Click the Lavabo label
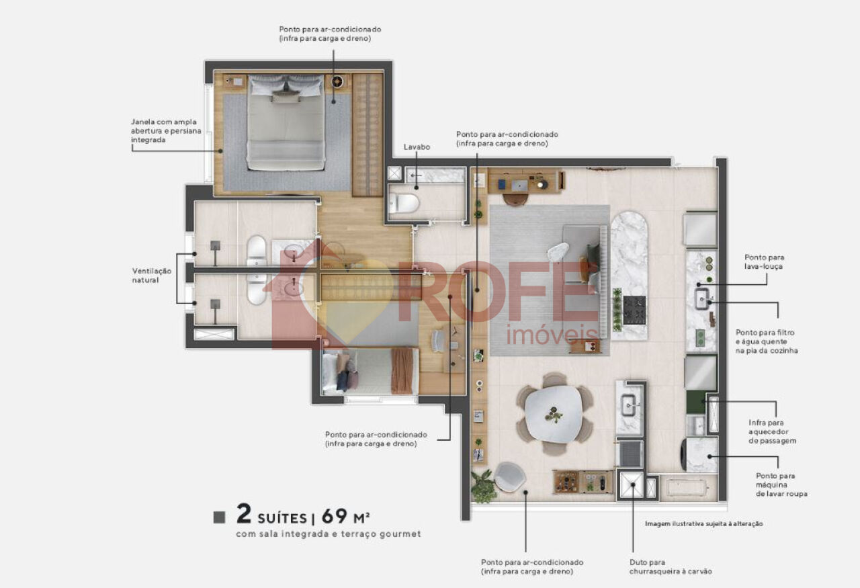pos(417,146)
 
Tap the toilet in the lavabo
pos(404,203)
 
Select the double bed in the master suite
pos(286,122)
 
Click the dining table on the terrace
pos(553,414)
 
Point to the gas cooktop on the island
pos(634,310)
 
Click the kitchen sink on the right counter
pos(702,299)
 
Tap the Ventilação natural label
pos(152,276)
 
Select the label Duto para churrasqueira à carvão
pos(671,567)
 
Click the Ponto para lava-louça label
pos(764,261)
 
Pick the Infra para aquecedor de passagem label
pos(772,431)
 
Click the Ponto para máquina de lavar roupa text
pos(781,485)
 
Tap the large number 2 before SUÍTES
pos(244,514)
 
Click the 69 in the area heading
pos(335,516)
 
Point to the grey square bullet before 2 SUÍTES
pos(219,517)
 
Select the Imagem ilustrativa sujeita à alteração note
pos(703,524)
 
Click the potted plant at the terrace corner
pos(483,487)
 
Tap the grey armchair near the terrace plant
pos(510,477)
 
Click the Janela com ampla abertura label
pos(166,131)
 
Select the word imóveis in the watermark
pos(552,335)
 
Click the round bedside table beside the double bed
pos(337,81)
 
